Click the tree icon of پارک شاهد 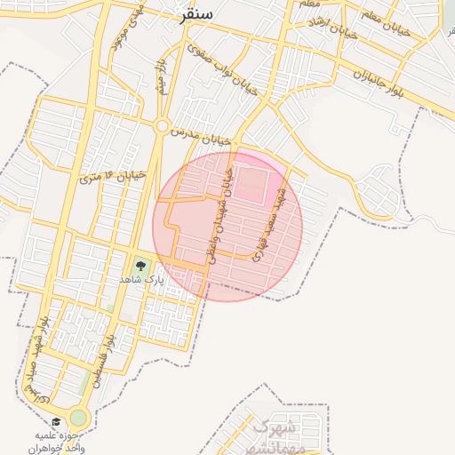coord(140,264)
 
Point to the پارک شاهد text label coord(143,279)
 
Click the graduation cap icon coord(56,422)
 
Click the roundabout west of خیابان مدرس coord(161,126)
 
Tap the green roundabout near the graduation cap coord(79,418)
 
